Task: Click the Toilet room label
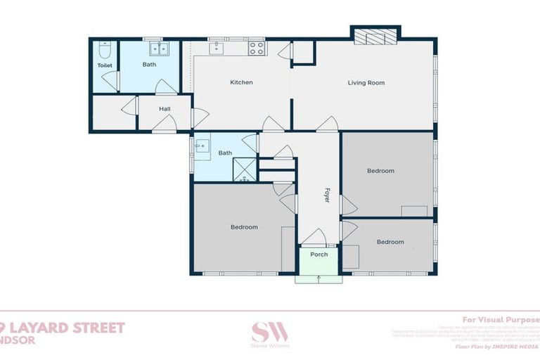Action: pyautogui.click(x=104, y=65)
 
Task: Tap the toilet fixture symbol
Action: pyautogui.click(x=104, y=50)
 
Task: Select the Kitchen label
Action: pyautogui.click(x=241, y=82)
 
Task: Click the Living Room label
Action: pyautogui.click(x=366, y=83)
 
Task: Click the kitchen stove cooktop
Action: pyautogui.click(x=257, y=48)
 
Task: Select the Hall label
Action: pyautogui.click(x=165, y=109)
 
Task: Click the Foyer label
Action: pyautogui.click(x=327, y=195)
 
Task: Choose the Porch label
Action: pyautogui.click(x=319, y=255)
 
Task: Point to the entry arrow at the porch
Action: pyautogui.click(x=319, y=278)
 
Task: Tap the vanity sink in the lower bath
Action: pyautogui.click(x=202, y=146)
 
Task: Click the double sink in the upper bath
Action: pyautogui.click(x=159, y=48)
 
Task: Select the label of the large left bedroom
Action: pyautogui.click(x=244, y=227)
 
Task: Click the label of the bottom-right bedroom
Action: pyautogui.click(x=390, y=242)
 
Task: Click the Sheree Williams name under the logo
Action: pyautogui.click(x=270, y=345)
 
